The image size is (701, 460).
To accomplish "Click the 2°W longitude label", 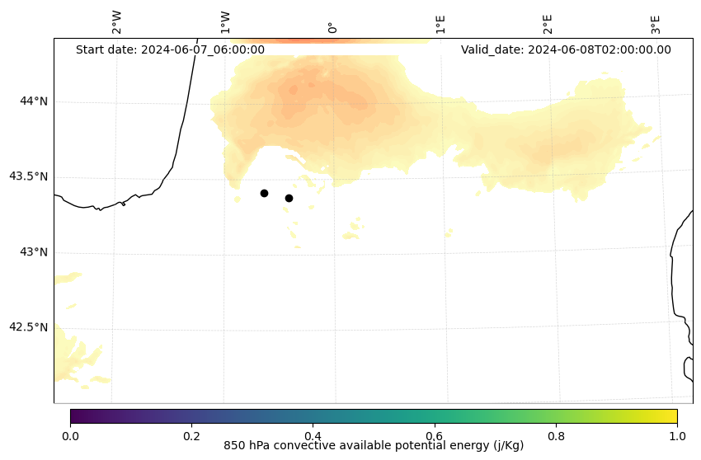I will pos(116,22).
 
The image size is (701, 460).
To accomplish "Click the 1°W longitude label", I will pos(224,22).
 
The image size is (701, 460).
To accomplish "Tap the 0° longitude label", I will pos(332,27).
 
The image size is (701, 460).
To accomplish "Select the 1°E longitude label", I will pos(440,24).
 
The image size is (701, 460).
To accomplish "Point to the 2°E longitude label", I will pos(548,24).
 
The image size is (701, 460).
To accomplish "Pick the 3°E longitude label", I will pos(656,24).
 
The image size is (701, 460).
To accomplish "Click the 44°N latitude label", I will pos(34,101).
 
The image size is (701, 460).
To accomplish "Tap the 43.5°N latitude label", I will pos(28,176).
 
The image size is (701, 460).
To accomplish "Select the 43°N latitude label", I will pos(34,252).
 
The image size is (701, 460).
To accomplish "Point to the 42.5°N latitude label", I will pos(28,327).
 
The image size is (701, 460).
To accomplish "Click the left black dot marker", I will pos(264,193).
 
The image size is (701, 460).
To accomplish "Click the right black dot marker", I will pos(289,198).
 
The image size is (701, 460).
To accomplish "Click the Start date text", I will pos(170,49).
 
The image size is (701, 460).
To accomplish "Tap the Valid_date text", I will pos(566,49).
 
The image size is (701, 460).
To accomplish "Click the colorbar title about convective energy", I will pos(374,446).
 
